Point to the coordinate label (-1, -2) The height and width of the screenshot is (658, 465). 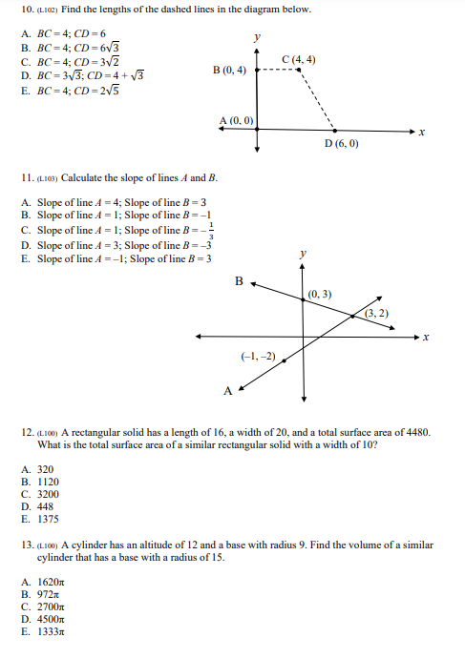click(x=259, y=356)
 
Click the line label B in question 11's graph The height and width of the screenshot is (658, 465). click(x=240, y=280)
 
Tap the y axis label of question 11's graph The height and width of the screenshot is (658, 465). click(x=304, y=255)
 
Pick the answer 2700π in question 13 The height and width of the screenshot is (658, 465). click(x=52, y=606)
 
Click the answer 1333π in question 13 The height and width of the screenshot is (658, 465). click(x=52, y=630)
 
